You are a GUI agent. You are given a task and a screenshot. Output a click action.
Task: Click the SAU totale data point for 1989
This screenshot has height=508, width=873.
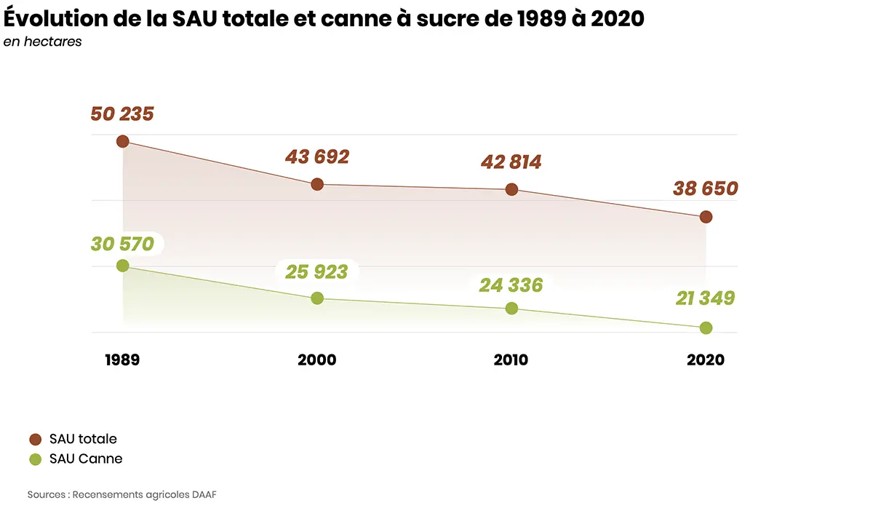tap(123, 141)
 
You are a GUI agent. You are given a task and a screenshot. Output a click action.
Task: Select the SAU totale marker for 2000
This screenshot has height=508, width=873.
tap(317, 184)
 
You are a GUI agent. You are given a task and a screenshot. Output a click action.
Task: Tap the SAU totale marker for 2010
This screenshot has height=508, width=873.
tap(511, 189)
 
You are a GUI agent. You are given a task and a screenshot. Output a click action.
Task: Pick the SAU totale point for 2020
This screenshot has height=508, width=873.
tap(706, 217)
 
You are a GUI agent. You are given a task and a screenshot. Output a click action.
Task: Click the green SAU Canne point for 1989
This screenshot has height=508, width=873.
tap(123, 266)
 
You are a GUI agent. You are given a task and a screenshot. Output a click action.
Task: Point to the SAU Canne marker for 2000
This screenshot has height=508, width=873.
tap(317, 298)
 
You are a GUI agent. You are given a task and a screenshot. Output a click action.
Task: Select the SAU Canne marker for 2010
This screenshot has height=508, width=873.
tap(511, 308)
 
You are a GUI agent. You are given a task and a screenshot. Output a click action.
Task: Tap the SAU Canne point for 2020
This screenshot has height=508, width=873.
tap(706, 328)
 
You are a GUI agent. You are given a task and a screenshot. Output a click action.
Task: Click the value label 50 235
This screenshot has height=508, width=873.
tap(122, 114)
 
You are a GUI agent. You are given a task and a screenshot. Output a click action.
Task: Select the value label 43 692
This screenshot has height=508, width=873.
tap(317, 157)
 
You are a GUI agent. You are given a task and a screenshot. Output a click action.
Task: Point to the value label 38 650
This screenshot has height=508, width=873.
tap(705, 189)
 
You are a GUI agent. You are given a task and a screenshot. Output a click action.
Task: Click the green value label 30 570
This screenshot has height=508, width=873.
tap(122, 244)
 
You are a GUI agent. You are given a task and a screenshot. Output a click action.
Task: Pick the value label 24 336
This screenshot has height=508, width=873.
tap(511, 285)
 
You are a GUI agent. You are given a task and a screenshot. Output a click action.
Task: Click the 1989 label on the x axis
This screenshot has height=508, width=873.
tap(122, 360)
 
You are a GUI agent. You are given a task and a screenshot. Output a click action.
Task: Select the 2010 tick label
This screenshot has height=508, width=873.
tap(511, 360)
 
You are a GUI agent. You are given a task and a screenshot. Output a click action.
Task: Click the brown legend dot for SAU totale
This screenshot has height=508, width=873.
tap(35, 439)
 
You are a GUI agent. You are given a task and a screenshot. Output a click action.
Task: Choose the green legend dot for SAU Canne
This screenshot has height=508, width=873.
tap(35, 459)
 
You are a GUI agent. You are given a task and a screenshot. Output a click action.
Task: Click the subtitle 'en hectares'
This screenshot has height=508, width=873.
tap(42, 41)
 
